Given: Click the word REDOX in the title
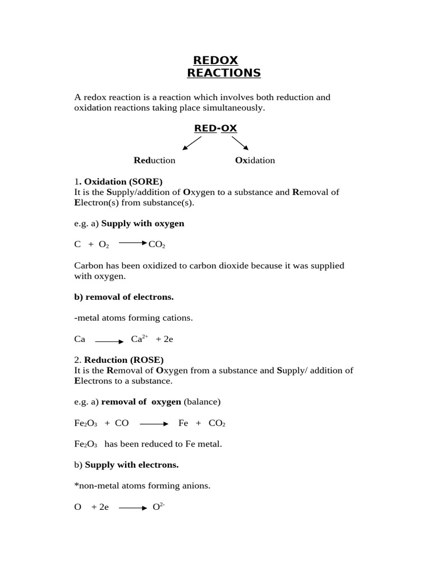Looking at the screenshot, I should coord(215,60).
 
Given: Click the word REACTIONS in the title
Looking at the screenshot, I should coord(223,73).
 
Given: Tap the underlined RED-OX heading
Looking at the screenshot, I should coord(215,129).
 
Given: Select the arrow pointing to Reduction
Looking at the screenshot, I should coord(191,144).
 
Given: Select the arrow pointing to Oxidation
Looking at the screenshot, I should coord(240,144).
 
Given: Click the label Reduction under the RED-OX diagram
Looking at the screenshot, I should coord(154,161).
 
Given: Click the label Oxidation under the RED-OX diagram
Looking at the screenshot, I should coord(255,161).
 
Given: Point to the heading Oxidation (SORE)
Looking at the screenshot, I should coord(121,181).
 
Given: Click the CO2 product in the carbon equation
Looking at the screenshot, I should coord(157,245).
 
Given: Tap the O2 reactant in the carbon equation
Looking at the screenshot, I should coord(104,245).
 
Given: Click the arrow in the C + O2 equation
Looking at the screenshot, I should coord(132,243).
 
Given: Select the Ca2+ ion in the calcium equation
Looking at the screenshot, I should coord(139,339).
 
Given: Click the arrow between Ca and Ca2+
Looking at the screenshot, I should coord(109,341).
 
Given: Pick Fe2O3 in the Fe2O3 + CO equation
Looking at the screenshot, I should coord(85,423).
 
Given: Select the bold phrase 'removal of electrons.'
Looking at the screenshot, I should coord(124,297).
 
